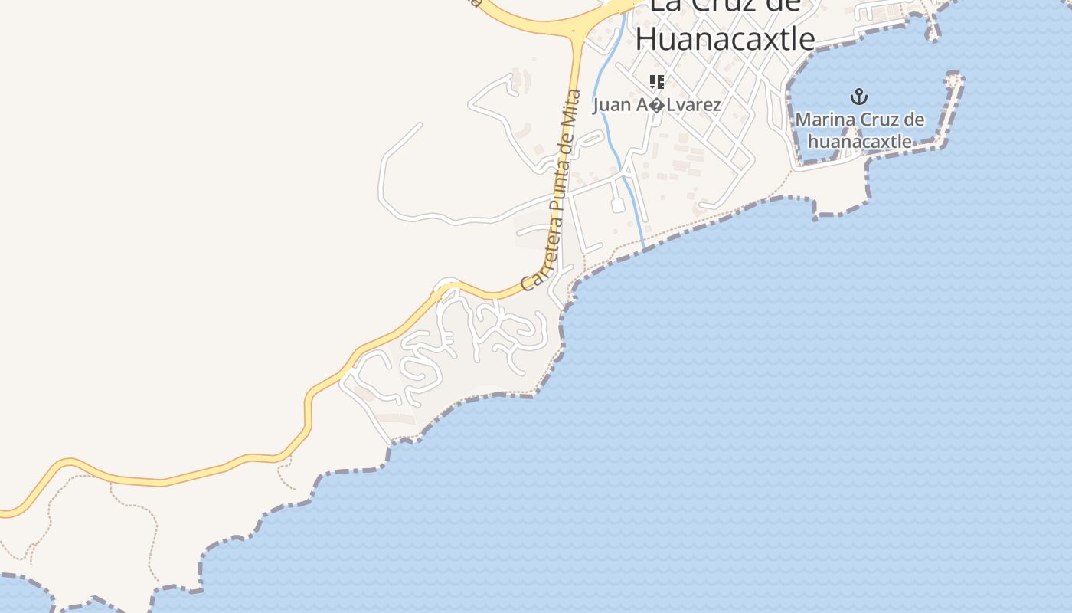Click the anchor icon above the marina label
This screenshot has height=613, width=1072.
click(860, 97)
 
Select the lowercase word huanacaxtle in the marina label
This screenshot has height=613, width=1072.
click(860, 142)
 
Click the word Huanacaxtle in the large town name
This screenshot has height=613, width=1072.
click(724, 38)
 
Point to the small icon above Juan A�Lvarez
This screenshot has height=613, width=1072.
click(656, 81)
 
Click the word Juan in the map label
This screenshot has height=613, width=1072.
click(611, 105)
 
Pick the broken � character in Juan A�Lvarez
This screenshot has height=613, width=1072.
click(657, 105)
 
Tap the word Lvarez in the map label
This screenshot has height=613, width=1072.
click(694, 105)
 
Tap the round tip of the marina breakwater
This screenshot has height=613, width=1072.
click(954, 78)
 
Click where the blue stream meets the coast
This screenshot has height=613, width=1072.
click(643, 247)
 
